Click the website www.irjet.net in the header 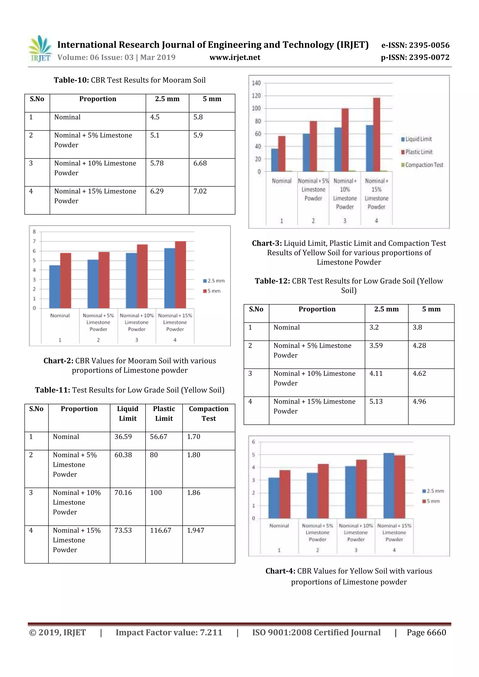(235, 57)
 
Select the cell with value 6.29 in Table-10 (157, 191)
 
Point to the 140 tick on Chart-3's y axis (256, 83)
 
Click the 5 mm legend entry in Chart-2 (212, 291)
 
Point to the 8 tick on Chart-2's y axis (34, 232)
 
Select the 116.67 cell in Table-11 (160, 530)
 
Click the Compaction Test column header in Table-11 (209, 413)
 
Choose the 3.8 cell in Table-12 (417, 327)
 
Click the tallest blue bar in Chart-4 (388, 485)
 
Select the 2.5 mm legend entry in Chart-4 (433, 491)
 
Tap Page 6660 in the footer (426, 632)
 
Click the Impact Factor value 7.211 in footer (169, 632)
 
